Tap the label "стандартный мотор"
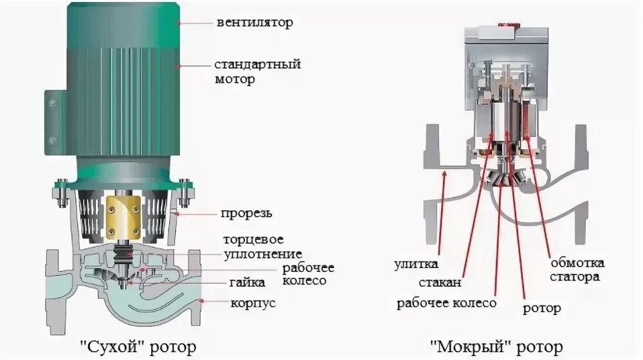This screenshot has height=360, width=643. click(257, 72)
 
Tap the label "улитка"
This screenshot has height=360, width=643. click(417, 264)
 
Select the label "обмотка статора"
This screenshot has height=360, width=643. click(576, 270)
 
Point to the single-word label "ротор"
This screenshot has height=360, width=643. click(541, 309)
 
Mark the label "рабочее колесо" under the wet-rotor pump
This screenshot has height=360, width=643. click(446, 303)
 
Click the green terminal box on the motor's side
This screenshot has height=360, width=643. click(53, 109)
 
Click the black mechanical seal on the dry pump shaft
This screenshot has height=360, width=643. click(123, 253)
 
